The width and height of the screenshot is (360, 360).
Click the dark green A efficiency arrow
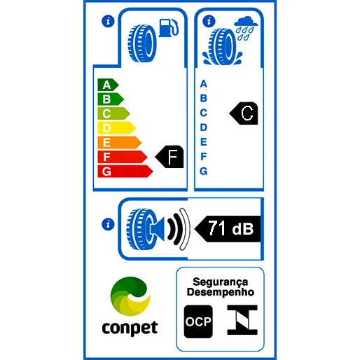point(108,85)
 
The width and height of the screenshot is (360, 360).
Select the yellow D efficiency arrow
point(116,128)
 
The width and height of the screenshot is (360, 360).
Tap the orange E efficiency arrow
point(119,142)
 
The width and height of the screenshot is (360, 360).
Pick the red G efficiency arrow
point(125,172)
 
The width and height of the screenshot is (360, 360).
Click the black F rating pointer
point(169,157)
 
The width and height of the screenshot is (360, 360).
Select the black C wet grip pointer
point(244,113)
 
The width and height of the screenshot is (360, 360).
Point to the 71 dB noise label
point(228,229)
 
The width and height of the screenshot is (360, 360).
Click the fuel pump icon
point(169,28)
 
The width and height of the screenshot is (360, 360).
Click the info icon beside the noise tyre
point(108,224)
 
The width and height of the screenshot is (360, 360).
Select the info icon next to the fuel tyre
point(108,21)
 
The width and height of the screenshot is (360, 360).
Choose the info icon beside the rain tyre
point(209,21)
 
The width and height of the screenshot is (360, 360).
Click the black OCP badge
point(198,321)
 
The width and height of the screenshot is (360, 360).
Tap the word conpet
point(130,328)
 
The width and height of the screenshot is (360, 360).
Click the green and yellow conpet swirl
point(130,296)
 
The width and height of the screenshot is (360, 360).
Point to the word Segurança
point(220,282)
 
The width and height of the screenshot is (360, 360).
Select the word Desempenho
point(221,292)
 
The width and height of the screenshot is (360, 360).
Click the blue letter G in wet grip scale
point(204,171)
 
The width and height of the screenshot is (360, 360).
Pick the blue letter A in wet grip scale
point(204,83)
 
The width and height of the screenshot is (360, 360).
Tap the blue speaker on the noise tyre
point(158,229)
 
